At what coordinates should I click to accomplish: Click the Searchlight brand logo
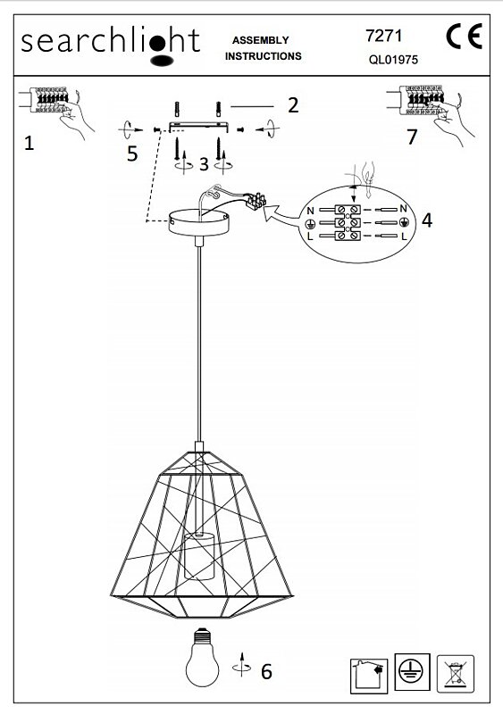[111, 46]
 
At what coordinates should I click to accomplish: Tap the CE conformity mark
[465, 37]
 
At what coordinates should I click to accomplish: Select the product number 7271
[383, 36]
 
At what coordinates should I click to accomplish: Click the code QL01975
[393, 60]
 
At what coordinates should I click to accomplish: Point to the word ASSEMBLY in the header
[260, 40]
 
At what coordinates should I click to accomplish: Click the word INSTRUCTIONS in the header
[264, 56]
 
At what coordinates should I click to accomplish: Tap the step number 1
[29, 143]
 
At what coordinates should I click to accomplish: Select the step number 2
[293, 105]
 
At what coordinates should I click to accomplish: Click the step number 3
[204, 164]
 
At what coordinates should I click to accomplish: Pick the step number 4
[427, 220]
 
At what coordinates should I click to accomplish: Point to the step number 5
[132, 154]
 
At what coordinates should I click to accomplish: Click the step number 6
[267, 671]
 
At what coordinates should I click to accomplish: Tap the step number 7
[412, 137]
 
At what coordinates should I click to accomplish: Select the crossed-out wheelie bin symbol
[455, 674]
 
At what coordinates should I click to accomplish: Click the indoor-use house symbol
[369, 676]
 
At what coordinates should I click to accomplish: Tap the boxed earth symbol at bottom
[412, 671]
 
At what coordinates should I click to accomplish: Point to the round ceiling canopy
[199, 222]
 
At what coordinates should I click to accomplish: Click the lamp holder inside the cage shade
[199, 556]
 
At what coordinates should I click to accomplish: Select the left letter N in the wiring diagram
[311, 211]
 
